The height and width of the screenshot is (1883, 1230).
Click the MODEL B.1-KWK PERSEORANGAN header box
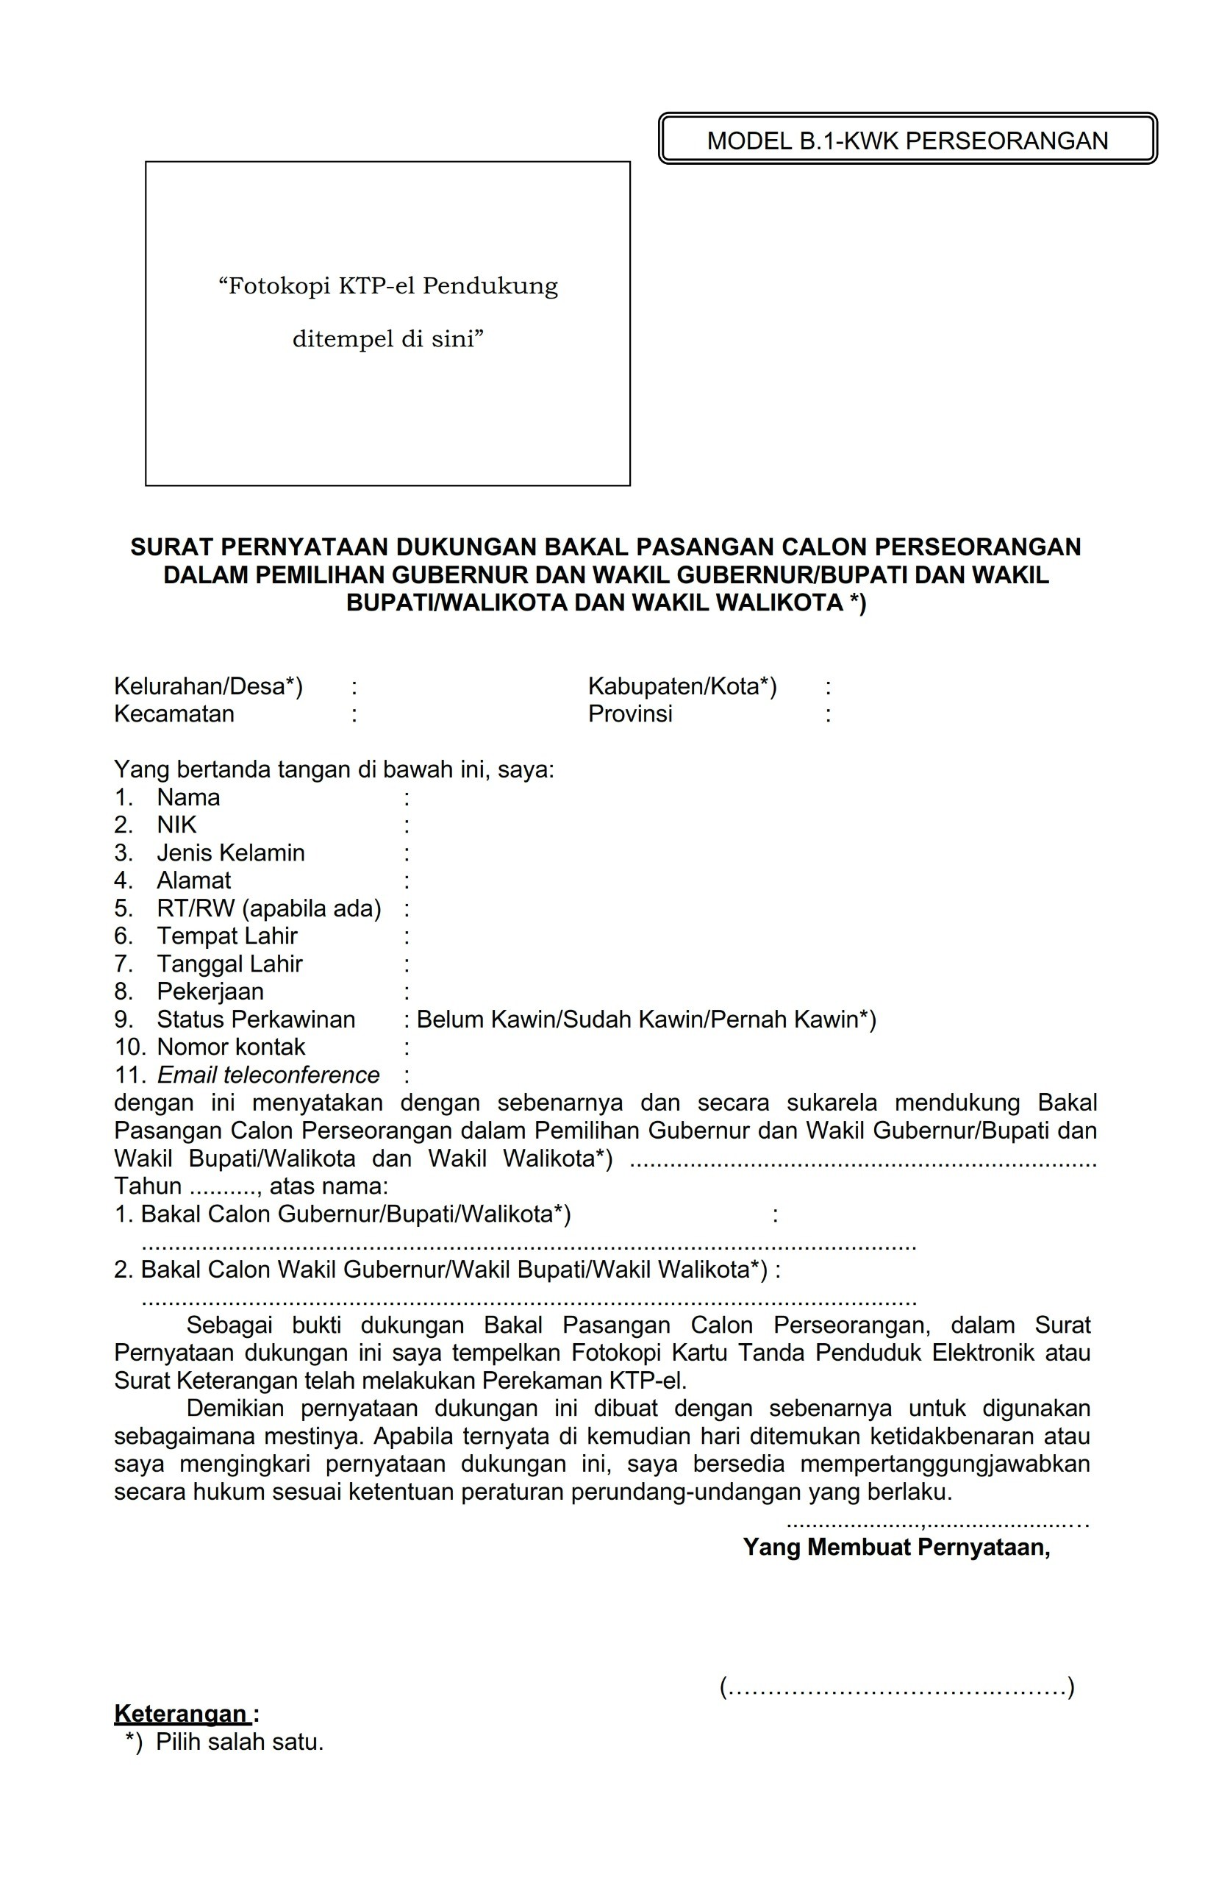tap(907, 139)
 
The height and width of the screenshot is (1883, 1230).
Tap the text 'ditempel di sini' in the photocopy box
tap(387, 339)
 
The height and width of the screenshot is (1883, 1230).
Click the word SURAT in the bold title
tap(171, 547)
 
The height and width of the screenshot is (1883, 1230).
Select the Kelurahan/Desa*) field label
tap(208, 686)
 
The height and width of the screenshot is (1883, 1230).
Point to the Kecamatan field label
tap(174, 713)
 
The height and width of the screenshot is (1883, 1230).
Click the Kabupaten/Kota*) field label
tap(682, 686)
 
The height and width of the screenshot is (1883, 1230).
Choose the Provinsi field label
tap(629, 713)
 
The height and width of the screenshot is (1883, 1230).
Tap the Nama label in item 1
tap(188, 797)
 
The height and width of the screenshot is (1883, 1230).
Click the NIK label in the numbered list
tap(176, 825)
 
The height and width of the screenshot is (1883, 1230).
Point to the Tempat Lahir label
tap(227, 936)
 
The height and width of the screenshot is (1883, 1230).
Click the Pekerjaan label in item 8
tap(210, 992)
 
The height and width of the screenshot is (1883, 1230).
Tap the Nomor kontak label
tap(230, 1047)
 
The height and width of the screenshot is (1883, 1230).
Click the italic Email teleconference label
tap(268, 1075)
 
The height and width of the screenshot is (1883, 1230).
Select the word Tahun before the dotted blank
tap(148, 1186)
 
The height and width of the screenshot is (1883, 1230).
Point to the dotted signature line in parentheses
tap(896, 1687)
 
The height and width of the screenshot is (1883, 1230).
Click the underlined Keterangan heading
tap(182, 1714)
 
